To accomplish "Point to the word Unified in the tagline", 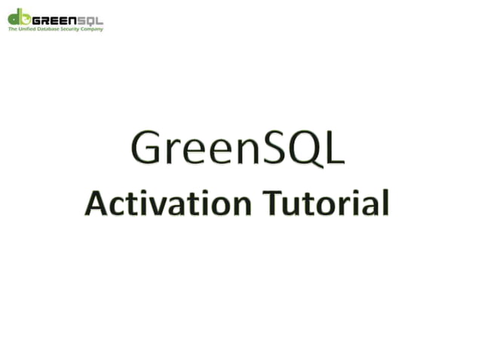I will (x=25, y=29).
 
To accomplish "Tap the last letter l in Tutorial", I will (x=385, y=202).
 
